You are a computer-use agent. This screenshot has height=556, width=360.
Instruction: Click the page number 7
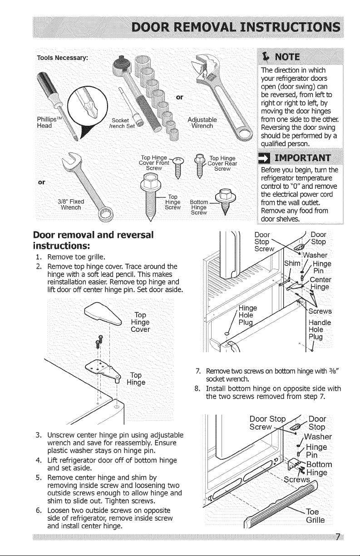coord(338,537)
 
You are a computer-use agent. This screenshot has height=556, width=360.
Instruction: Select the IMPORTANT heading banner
coord(300,158)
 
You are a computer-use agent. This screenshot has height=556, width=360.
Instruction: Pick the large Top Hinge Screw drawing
coord(150,196)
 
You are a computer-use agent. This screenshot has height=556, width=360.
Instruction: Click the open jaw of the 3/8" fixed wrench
coord(71,160)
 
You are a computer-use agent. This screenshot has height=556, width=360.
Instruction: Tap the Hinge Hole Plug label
coord(247,315)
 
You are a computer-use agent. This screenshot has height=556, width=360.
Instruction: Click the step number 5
coord(38,477)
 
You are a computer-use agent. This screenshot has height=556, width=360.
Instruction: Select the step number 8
coord(197,389)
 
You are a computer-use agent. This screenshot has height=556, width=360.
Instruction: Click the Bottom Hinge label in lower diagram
coord(319,468)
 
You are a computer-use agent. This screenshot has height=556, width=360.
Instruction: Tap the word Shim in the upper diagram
coord(292,263)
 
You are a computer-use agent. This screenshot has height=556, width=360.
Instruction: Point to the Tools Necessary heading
coord(62,58)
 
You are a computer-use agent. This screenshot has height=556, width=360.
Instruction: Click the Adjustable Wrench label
coord(202,123)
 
